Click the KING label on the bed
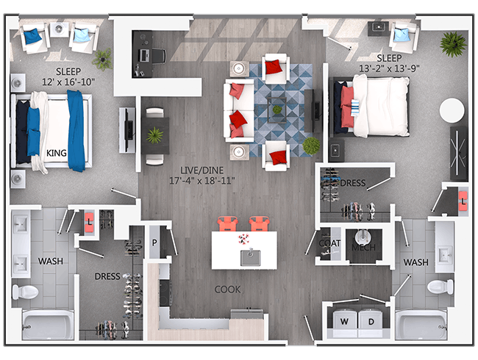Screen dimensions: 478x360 [57, 153]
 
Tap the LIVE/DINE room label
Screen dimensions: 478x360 [201, 170]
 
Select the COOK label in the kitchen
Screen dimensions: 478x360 [227, 289]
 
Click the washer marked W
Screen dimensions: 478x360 [344, 321]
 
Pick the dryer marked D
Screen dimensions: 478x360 [371, 321]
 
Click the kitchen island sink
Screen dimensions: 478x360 [250, 257]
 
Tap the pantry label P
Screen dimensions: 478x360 [154, 242]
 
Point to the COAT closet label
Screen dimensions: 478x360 [329, 243]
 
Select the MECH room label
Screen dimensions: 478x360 [363, 248]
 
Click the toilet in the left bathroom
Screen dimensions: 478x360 [25, 292]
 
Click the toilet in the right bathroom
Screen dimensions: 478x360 [440, 287]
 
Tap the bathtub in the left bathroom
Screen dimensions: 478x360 [48, 325]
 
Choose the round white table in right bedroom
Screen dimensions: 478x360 [452, 110]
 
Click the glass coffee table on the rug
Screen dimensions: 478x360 [277, 109]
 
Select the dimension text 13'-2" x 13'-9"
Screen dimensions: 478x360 [389, 68]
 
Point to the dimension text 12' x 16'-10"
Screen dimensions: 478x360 [68, 82]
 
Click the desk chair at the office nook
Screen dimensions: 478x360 [159, 56]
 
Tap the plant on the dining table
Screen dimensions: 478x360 [154, 135]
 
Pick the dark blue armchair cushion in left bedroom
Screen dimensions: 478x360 [32, 36]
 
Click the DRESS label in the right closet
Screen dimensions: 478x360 [353, 183]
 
